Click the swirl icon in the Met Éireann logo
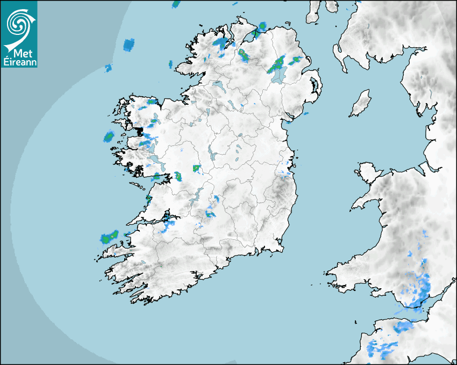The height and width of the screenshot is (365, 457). [x=18, y=23]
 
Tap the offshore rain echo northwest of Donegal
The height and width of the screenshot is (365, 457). [x=128, y=45]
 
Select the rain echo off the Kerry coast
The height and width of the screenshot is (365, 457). [x=109, y=237]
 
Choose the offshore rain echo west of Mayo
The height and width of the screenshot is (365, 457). [x=109, y=136]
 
